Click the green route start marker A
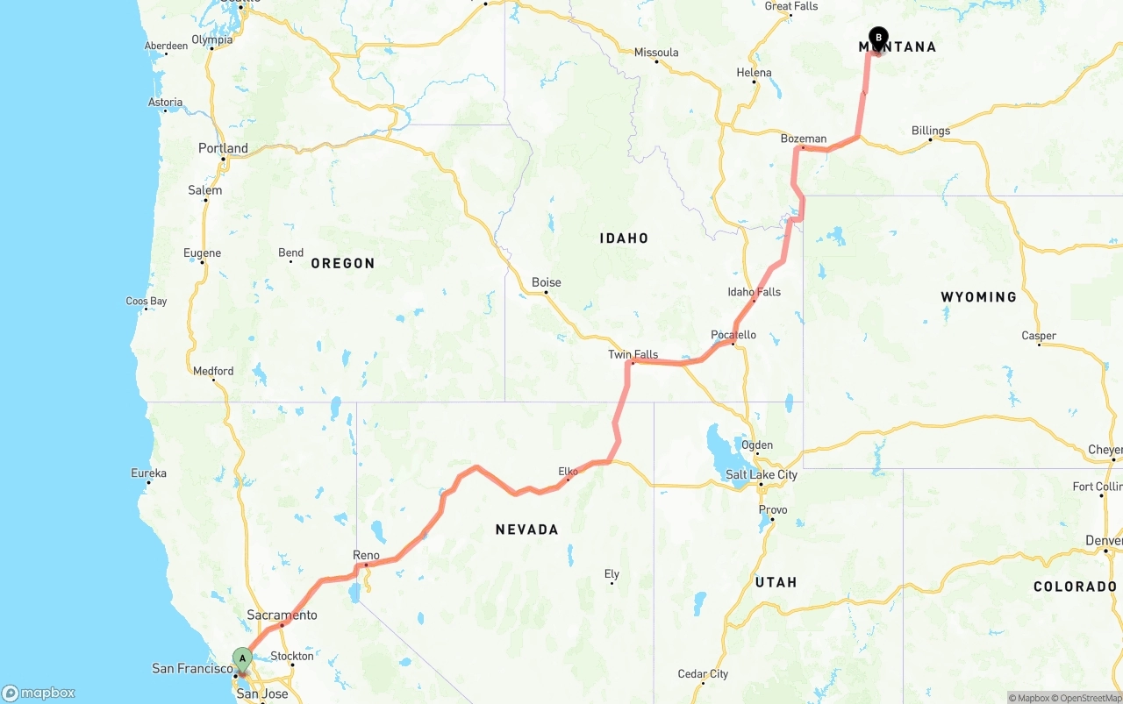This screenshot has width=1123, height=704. tap(242, 658)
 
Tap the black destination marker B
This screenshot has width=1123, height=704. tap(878, 39)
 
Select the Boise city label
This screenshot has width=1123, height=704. tap(546, 282)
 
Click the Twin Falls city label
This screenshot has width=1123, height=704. tap(633, 354)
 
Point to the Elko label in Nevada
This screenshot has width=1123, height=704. tap(568, 472)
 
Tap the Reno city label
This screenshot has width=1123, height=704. tap(366, 555)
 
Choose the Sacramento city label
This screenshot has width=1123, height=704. tap(282, 615)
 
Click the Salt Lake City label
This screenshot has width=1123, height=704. tap(761, 474)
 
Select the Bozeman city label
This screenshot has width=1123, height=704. tap(803, 139)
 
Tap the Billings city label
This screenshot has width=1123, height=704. tap(930, 131)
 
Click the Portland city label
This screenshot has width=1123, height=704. tap(223, 148)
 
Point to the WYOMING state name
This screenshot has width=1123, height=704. tap(978, 297)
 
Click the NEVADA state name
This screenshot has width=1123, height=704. tap(526, 530)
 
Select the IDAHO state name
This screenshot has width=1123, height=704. tap(624, 238)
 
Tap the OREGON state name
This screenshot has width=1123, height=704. tap(342, 263)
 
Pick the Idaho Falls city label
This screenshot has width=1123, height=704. tap(754, 292)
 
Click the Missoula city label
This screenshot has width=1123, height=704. tap(656, 53)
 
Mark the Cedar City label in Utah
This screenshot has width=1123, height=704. tap(703, 674)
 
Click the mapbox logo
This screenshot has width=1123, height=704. tap(39, 693)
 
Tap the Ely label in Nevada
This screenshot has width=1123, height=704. tap(612, 574)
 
